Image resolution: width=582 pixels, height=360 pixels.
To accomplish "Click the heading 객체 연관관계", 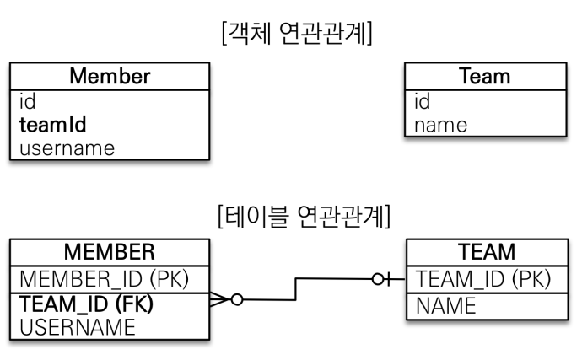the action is click(x=297, y=34).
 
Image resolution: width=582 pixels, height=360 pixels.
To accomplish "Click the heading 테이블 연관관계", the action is click(x=304, y=217).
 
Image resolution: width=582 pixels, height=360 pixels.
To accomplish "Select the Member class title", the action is click(x=110, y=76).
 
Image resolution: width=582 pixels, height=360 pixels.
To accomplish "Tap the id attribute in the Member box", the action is click(x=28, y=101).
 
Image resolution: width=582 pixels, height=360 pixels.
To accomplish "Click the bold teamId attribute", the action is click(x=52, y=124).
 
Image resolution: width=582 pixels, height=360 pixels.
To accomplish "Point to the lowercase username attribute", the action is click(x=67, y=148).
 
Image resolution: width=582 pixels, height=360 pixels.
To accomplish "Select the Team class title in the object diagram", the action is click(x=485, y=76).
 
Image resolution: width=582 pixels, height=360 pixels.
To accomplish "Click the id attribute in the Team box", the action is click(x=423, y=101).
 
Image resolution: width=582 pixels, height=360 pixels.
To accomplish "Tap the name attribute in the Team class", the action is click(x=440, y=125).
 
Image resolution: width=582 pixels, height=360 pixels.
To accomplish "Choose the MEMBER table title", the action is click(x=110, y=252).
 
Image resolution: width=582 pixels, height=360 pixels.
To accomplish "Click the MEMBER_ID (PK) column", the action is click(x=105, y=279).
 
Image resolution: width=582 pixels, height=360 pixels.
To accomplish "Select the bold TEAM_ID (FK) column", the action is click(x=86, y=304).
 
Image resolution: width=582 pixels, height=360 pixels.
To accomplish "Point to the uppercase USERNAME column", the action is click(x=78, y=327).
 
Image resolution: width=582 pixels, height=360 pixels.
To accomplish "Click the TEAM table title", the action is click(x=487, y=252).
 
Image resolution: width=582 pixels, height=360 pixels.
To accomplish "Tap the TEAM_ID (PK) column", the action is click(x=483, y=279).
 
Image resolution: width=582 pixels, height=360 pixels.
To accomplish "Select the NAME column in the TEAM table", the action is click(x=446, y=306).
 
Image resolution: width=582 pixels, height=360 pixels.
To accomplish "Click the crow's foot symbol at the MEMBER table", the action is click(x=220, y=299).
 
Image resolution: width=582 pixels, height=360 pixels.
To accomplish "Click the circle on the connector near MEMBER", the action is click(x=237, y=299).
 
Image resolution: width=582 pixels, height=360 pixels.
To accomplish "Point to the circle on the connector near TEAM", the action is click(x=378, y=279).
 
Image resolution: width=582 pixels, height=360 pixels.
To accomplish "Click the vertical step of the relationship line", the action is click(x=296, y=289).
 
